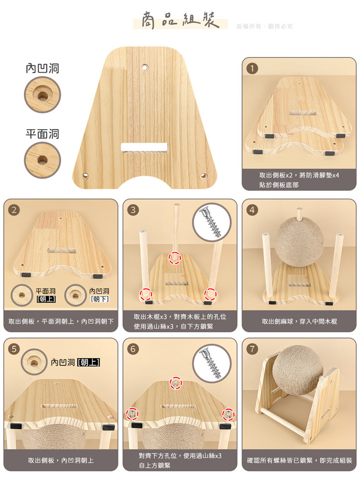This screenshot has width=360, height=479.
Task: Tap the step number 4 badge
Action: (x=252, y=210)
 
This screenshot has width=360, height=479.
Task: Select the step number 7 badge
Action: (x=252, y=349)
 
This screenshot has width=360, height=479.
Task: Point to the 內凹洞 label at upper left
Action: (x=43, y=68)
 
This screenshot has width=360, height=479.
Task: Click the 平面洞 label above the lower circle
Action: (x=43, y=134)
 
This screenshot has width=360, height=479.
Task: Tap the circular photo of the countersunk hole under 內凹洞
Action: (x=43, y=95)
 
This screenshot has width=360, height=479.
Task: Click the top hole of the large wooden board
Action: (x=145, y=66)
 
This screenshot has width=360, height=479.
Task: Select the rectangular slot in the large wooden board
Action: (x=144, y=147)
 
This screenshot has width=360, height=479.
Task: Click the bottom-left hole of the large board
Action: (x=85, y=176)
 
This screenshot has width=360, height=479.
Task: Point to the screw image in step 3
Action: (x=211, y=222)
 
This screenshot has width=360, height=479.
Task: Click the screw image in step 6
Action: (x=211, y=363)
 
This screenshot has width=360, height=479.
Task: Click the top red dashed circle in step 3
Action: (x=175, y=258)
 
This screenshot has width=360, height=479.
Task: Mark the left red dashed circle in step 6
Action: (x=132, y=414)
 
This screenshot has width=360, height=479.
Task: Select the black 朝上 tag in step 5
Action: (x=88, y=362)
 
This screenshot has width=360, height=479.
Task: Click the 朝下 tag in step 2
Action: (x=100, y=299)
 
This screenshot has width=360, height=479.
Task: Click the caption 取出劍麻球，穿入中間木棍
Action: (x=299, y=322)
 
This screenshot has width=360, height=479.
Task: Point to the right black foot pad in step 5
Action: (x=107, y=427)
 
